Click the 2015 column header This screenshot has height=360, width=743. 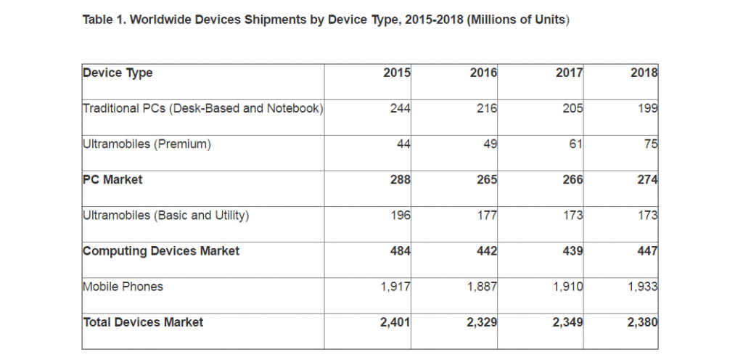(x=398, y=73)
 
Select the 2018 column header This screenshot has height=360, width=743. (x=644, y=73)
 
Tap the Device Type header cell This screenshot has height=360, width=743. (x=118, y=73)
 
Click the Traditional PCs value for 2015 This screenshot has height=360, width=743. (x=400, y=108)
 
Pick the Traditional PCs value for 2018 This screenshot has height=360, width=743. (x=647, y=108)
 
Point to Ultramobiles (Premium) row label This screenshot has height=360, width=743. (x=147, y=144)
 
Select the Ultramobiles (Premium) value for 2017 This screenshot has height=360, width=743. (x=576, y=144)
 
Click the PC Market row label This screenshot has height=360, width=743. (x=112, y=179)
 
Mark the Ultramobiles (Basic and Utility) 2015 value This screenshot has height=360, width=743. (x=400, y=215)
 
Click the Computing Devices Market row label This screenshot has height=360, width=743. (x=161, y=250)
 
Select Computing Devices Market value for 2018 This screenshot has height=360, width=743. (x=646, y=250)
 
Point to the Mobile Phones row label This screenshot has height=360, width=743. (x=123, y=286)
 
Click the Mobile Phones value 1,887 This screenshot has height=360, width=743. (x=482, y=286)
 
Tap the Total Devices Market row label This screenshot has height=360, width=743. (x=143, y=322)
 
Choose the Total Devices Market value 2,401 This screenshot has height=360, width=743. (x=395, y=322)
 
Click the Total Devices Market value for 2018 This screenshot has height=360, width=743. (x=642, y=322)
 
